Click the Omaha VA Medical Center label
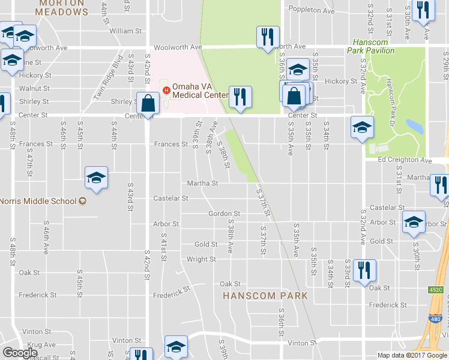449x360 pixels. [200, 90]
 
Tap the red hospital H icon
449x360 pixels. [166, 91]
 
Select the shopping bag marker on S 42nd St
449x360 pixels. [147, 104]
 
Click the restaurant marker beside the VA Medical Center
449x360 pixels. [240, 97]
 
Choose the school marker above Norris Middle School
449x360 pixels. [96, 178]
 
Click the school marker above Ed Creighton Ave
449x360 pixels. [362, 127]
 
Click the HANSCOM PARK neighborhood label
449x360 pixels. [265, 296]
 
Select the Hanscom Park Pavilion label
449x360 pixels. [376, 47]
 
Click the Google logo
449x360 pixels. [20, 353]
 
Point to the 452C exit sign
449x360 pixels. [436, 290]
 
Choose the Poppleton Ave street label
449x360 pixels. [311, 10]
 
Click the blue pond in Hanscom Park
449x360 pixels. [414, 126]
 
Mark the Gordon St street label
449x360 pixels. [224, 214]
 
